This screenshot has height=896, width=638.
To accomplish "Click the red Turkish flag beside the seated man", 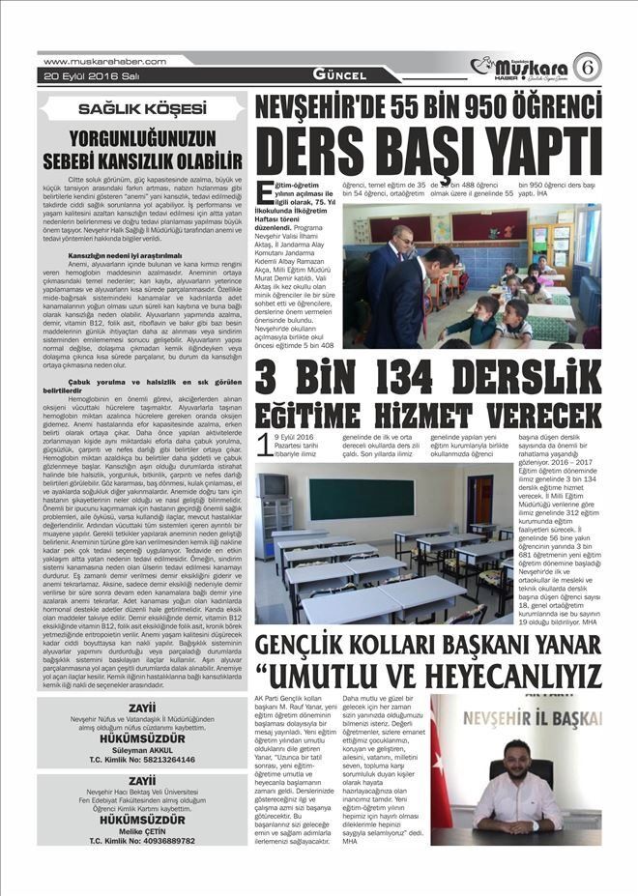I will [440, 774].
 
